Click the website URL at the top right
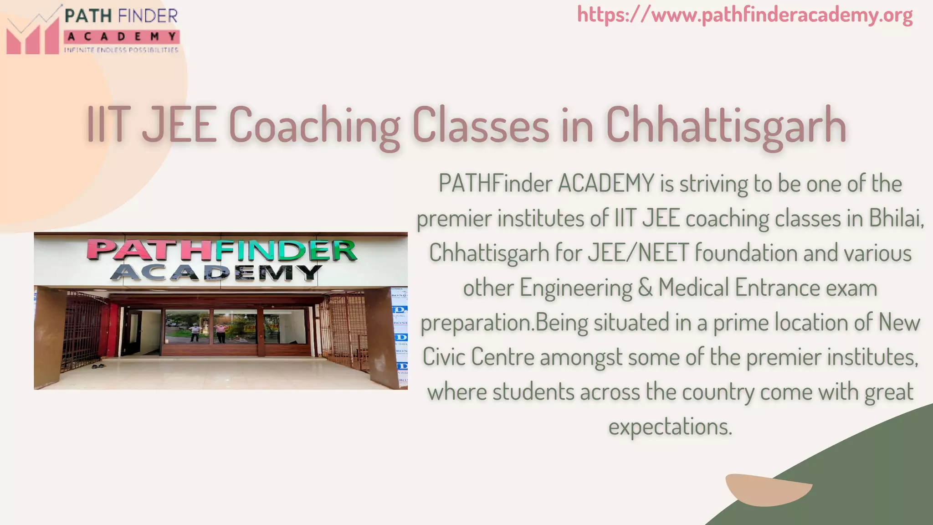point(745,15)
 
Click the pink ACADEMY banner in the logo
point(122,36)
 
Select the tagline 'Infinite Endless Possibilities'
point(121,50)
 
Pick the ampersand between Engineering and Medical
point(645,288)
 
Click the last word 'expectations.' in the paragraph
point(670,426)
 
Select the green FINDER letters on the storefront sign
point(285,251)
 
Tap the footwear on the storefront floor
point(98,365)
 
